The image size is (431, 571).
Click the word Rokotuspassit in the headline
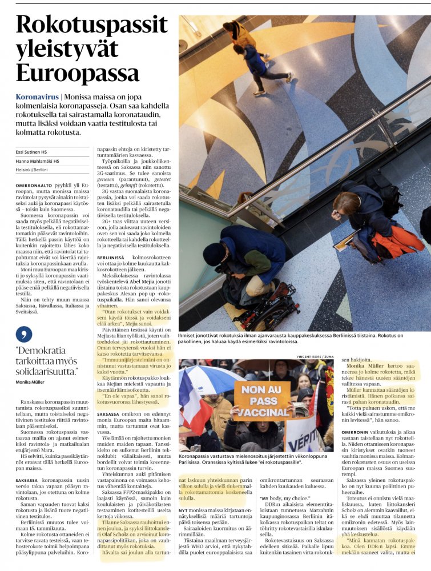pyautogui.click(x=91, y=25)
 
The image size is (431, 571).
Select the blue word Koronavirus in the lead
pyautogui.click(x=38, y=98)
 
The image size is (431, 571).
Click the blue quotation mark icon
pyautogui.click(x=21, y=335)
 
